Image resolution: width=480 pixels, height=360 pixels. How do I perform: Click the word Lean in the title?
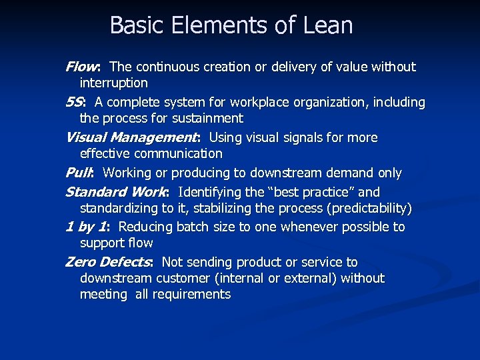point(327,25)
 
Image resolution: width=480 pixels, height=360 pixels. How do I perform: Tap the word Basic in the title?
point(135,25)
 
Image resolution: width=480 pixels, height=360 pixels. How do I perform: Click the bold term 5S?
point(74,103)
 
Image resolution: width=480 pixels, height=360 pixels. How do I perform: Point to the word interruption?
point(114,83)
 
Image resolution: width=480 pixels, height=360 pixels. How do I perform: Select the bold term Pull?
point(78,173)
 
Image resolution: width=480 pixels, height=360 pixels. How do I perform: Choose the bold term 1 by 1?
point(85,227)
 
